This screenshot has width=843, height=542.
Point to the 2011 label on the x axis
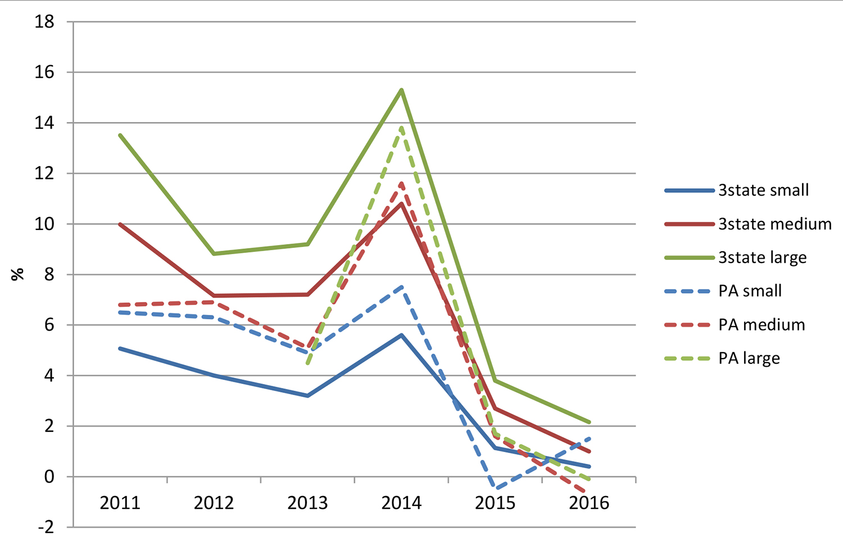pyautogui.click(x=120, y=502)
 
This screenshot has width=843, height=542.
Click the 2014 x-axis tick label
pyautogui.click(x=401, y=502)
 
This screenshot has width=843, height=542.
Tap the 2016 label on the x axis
pyautogui.click(x=589, y=502)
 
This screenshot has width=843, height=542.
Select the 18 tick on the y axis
pyautogui.click(x=44, y=22)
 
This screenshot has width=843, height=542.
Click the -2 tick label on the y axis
pyautogui.click(x=44, y=527)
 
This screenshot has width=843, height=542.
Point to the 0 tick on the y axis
pyautogui.click(x=49, y=477)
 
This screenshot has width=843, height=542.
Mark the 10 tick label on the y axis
pyautogui.click(x=44, y=224)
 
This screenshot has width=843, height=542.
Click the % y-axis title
pyautogui.click(x=18, y=274)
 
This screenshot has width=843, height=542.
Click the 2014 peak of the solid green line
pyautogui.click(x=402, y=90)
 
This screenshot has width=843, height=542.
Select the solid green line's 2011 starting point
pyautogui.click(x=120, y=135)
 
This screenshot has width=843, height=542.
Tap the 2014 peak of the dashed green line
pyautogui.click(x=402, y=128)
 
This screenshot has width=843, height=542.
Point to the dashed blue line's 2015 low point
pyautogui.click(x=495, y=488)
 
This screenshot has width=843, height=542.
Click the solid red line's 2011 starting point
pyautogui.click(x=120, y=224)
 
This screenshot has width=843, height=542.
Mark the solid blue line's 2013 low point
pyautogui.click(x=308, y=396)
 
